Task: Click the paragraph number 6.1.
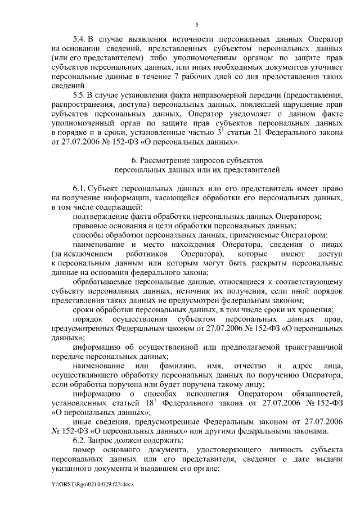[80, 191]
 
